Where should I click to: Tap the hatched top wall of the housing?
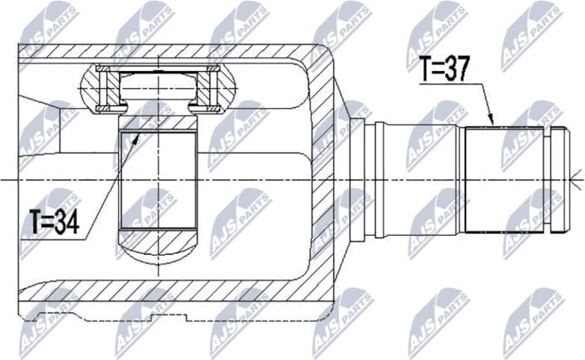click(172, 54)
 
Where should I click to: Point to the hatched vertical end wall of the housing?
click(324, 180)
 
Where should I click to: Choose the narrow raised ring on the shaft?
click(379, 180)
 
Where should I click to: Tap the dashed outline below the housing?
click(172, 318)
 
